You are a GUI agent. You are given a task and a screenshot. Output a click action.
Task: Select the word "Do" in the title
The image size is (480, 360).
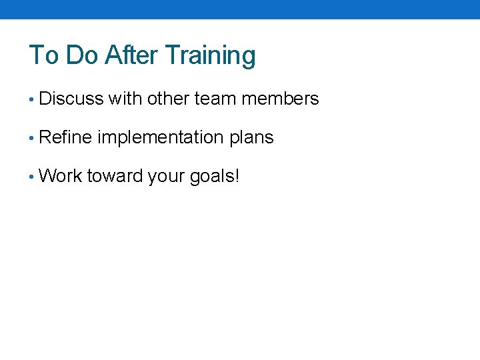coord(82,55)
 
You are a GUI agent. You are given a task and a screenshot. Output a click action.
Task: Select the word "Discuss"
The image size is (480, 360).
coord(71,99)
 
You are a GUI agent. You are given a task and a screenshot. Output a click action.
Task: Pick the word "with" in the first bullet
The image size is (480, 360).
coord(125,99)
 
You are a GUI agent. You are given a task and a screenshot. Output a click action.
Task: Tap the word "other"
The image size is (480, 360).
coord(169,99)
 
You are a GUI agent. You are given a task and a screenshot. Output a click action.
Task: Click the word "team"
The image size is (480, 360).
coord(215,99)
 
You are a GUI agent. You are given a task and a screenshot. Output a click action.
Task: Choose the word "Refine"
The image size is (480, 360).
coord(66,138)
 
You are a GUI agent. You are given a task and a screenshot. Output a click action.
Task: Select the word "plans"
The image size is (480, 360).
coord(251,138)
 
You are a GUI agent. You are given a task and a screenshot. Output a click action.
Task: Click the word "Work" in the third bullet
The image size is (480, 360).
coord(61,177)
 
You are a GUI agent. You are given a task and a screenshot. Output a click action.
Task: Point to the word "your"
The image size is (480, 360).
coord(165,177)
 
